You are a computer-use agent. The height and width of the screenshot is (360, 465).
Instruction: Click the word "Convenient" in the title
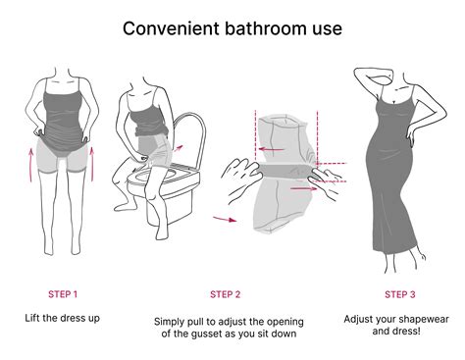point(172,28)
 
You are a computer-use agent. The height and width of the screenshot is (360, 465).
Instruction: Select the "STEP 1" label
point(63,294)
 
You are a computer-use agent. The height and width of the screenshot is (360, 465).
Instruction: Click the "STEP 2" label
point(226,294)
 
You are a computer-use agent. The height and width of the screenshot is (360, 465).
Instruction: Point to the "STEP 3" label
point(400,294)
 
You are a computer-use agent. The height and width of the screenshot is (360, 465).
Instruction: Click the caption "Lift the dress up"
point(63,318)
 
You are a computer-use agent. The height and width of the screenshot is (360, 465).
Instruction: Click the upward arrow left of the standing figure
point(31,165)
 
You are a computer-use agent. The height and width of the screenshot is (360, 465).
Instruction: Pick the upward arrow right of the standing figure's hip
point(92,164)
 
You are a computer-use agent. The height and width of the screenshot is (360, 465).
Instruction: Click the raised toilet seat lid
point(190,139)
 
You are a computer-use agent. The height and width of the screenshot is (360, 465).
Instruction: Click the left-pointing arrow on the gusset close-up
point(271,150)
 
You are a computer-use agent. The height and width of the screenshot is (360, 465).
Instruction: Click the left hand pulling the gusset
point(241,180)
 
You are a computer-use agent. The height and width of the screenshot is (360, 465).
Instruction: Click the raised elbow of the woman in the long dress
point(356,72)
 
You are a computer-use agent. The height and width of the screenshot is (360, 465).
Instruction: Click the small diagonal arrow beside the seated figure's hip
point(178,148)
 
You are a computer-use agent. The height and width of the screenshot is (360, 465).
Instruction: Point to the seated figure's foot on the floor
point(123,207)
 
